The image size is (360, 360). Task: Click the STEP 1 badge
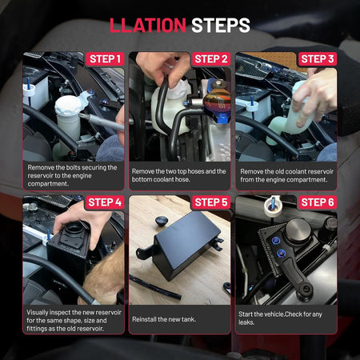pyautogui.click(x=105, y=59)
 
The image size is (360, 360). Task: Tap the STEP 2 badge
pyautogui.click(x=211, y=59)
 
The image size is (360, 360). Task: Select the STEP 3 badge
pyautogui.click(x=318, y=59)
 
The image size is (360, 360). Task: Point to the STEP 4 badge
pyautogui.click(x=105, y=202)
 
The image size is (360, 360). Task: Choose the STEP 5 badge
pyautogui.click(x=211, y=202)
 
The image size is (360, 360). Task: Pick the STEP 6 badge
pyautogui.click(x=318, y=202)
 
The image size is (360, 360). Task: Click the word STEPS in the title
pyautogui.click(x=221, y=26)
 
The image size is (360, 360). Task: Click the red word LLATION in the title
pyautogui.click(x=148, y=26)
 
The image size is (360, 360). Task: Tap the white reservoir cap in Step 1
pyautogui.click(x=68, y=105)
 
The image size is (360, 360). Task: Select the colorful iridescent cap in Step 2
pyautogui.click(x=217, y=101)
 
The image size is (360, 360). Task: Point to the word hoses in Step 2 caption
pyautogui.click(x=195, y=171)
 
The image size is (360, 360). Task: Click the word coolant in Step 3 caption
pyautogui.click(x=303, y=171)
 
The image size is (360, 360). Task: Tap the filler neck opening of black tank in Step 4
pyautogui.click(x=74, y=228)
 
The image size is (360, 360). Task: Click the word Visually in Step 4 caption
pyautogui.click(x=37, y=313)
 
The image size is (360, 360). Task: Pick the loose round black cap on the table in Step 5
pyautogui.click(x=162, y=221)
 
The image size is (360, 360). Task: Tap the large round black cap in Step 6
pyautogui.click(x=298, y=230)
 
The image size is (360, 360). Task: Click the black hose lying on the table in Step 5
pyautogui.click(x=154, y=287)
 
